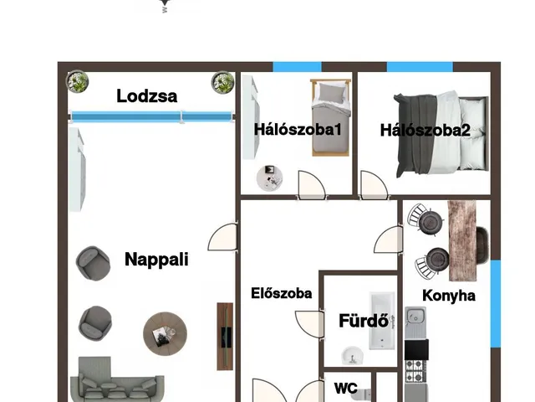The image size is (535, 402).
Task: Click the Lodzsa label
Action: coord(146,95)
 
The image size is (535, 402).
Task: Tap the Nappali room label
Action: coord(156,260)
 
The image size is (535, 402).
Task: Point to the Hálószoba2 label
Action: coord(425,130)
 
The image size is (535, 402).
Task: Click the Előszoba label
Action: coord(282,293)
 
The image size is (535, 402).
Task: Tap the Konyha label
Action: coord(449,296)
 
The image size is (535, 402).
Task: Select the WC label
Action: coord(346,389)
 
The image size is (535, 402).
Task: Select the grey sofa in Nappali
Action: coord(118,382)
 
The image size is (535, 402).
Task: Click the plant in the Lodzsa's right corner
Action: coord(222,83)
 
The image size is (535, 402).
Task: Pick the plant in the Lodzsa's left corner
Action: coord(79,82)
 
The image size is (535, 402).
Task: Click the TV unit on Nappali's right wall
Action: coord(224,335)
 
